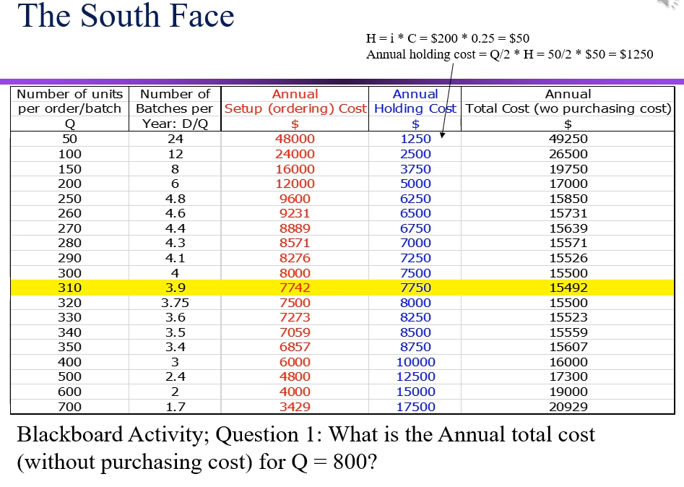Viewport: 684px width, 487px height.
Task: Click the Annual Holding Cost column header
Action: pos(415,101)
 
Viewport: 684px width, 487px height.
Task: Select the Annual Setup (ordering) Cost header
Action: pos(295,101)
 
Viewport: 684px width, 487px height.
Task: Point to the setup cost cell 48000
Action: pos(295,139)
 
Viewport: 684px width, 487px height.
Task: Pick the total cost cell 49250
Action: pos(568,139)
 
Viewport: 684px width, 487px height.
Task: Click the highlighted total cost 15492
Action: pos(568,288)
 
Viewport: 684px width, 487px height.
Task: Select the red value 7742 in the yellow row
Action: pos(295,288)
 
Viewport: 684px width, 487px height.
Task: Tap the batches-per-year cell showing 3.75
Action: pos(175,303)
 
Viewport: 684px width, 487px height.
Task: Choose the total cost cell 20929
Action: pos(568,407)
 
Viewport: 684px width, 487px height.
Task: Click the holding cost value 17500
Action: pos(415,407)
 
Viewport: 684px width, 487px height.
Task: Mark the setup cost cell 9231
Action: pos(295,213)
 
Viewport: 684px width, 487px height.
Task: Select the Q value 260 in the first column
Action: pos(69,213)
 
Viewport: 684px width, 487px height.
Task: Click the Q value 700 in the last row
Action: pos(69,407)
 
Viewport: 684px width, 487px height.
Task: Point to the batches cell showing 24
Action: pos(175,139)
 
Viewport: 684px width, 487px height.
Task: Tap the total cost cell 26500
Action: pos(568,154)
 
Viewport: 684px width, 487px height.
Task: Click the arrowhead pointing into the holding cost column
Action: pos(441,134)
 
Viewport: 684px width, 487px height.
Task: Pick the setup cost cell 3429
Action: pos(295,407)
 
